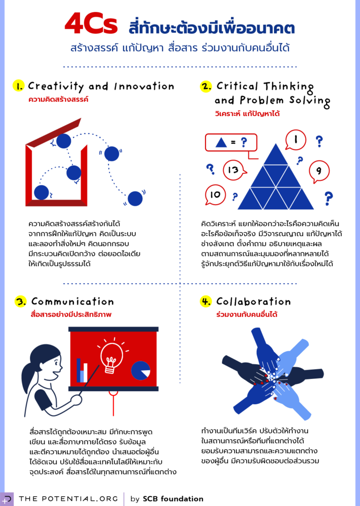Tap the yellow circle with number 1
[x=19, y=86]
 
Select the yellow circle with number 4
[x=206, y=302]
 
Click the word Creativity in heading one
[x=56, y=86]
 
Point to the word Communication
[x=73, y=302]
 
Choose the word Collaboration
[x=253, y=302]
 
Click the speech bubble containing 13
[x=235, y=170]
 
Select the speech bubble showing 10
[x=216, y=195]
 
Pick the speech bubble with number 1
[x=296, y=140]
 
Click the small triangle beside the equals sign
[x=221, y=142]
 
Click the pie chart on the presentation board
[x=141, y=370]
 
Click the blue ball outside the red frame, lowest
[x=135, y=199]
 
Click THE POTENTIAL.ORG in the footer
[x=68, y=499]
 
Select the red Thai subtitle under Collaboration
[x=247, y=315]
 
